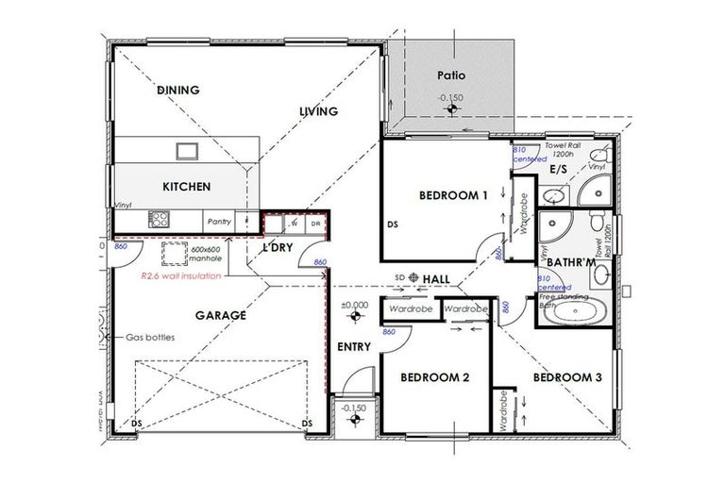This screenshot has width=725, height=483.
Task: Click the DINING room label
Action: coord(177,91)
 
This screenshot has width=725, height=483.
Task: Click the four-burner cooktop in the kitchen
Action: coord(158,221)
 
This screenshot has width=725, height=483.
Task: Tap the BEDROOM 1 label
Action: coord(453,195)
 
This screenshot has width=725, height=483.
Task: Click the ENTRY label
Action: coord(355,346)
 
